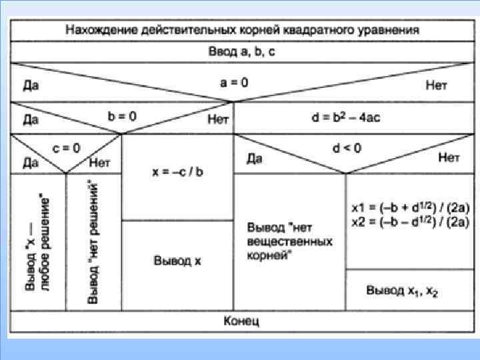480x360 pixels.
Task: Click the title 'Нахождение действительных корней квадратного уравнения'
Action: point(242,30)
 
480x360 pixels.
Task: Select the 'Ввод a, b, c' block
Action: point(241,51)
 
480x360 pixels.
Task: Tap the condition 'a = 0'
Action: point(234,83)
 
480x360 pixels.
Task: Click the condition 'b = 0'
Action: point(122,115)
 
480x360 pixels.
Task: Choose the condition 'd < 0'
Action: point(346,148)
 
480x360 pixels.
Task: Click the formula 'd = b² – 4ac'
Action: point(346,117)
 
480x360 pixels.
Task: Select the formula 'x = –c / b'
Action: point(177,171)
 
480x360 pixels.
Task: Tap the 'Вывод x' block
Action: point(177,261)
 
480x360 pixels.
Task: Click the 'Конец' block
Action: point(241,321)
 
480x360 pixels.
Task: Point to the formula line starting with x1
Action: point(410,208)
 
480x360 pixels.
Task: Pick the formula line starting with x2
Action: point(410,223)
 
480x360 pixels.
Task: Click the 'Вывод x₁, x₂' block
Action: point(402,291)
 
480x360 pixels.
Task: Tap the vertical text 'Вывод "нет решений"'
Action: point(93,241)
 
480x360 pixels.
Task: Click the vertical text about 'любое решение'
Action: point(38,241)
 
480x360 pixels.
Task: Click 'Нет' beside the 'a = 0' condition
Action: point(437,86)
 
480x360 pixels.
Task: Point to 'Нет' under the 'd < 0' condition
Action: point(449,158)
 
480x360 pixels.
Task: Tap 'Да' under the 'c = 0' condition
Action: point(31,162)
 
